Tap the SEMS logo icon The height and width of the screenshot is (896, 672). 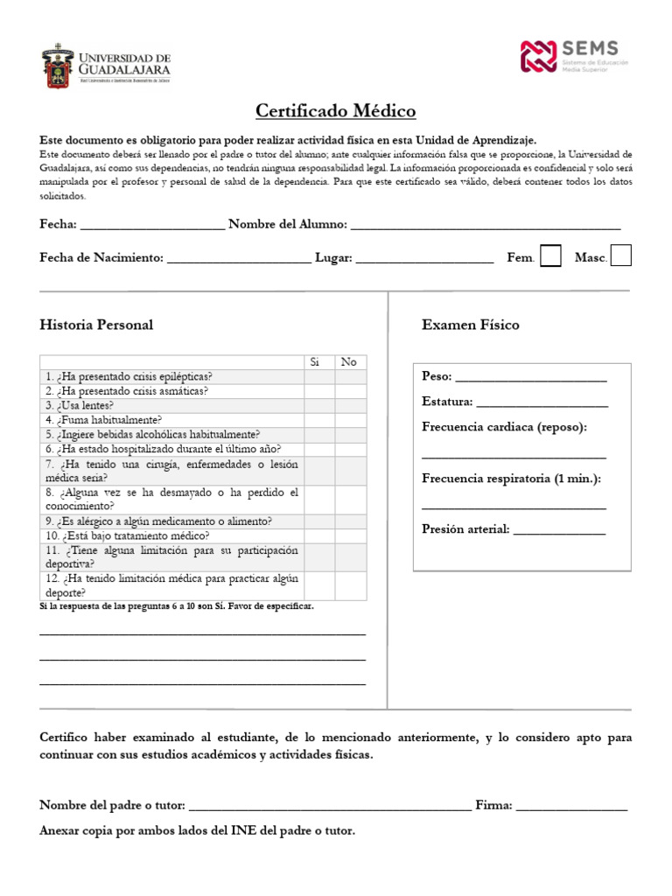click(539, 56)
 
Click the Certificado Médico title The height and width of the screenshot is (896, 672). click(336, 111)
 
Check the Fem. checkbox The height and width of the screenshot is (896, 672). click(550, 255)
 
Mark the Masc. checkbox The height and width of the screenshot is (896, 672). click(620, 255)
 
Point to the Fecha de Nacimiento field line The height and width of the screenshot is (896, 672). click(238, 260)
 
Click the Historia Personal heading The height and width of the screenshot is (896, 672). click(96, 325)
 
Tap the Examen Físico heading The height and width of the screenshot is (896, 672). click(470, 325)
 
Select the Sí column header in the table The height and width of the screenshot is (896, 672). click(318, 362)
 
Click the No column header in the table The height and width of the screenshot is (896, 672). click(349, 362)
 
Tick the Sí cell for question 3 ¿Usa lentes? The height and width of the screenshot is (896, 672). click(318, 406)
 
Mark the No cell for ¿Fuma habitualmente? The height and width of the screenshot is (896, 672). click(349, 420)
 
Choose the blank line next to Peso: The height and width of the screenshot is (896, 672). click(530, 379)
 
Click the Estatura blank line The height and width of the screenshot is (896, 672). click(542, 404)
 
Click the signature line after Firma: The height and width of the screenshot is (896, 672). click(571, 808)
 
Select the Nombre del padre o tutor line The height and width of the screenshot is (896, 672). click(330, 808)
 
